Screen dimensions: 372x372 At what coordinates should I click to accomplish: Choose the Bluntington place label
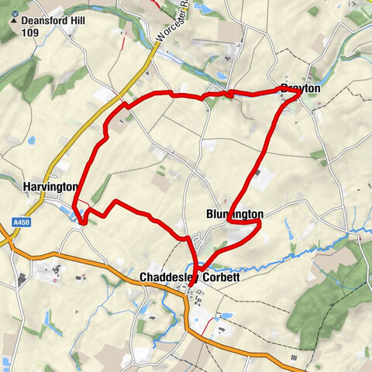click(235, 214)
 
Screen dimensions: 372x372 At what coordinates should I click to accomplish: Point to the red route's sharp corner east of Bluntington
click(260, 223)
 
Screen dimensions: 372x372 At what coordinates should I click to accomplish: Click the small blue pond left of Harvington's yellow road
click(31, 140)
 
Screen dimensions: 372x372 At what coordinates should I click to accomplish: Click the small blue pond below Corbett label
click(226, 316)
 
